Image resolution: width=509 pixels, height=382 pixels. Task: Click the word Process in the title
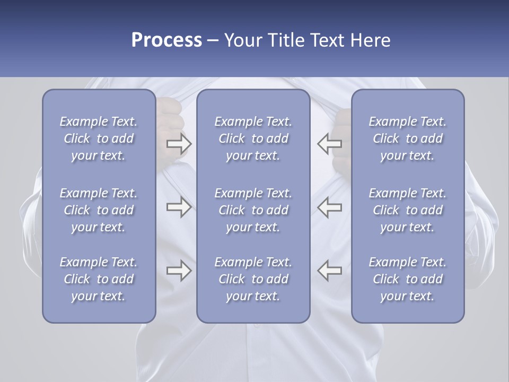tap(166, 40)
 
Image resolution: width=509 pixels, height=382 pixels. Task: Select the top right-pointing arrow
tap(179, 144)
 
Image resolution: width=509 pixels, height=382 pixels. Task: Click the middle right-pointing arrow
tap(179, 207)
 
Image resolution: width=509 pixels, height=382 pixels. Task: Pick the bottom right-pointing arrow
tap(179, 271)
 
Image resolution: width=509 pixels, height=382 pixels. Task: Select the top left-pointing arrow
tap(330, 144)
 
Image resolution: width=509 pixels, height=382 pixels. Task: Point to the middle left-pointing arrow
tap(330, 207)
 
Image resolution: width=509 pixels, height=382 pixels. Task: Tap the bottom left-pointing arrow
tap(330, 271)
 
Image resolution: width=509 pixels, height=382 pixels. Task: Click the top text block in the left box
tap(99, 138)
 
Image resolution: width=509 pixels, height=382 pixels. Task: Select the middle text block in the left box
tap(99, 210)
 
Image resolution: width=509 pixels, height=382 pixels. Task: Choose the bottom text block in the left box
tap(99, 279)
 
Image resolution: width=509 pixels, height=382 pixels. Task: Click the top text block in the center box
tap(253, 138)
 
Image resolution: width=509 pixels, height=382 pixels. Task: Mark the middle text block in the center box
tap(253, 210)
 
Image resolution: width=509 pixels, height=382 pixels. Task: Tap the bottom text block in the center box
tap(253, 279)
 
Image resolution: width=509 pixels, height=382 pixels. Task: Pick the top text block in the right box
tap(408, 138)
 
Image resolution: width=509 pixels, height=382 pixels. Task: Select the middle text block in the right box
tap(408, 210)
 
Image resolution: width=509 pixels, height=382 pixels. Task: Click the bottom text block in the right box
tap(408, 279)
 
